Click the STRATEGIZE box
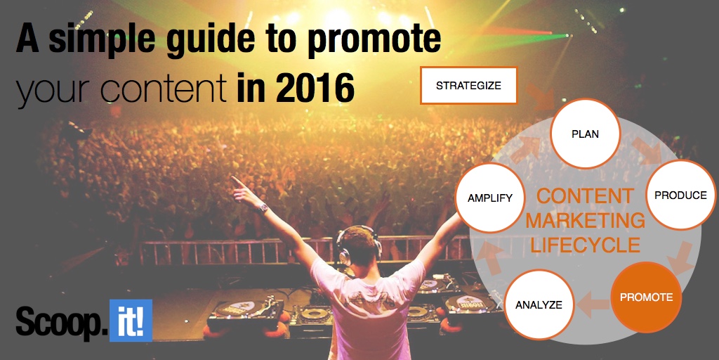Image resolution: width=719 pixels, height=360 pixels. (468, 85)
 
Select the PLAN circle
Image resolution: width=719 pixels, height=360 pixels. (585, 134)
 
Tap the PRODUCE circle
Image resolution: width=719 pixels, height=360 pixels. (680, 195)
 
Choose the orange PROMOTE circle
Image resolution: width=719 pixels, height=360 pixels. (646, 297)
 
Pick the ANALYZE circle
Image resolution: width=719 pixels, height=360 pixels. (539, 304)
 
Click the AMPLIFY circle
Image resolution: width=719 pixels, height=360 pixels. (489, 198)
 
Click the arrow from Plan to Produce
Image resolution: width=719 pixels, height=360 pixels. (647, 153)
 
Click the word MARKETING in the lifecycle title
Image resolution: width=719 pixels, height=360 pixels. (585, 221)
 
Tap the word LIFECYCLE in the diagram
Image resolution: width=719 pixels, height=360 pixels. (585, 245)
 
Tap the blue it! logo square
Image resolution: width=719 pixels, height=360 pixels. (131, 320)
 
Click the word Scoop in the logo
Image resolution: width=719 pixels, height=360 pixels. (60, 321)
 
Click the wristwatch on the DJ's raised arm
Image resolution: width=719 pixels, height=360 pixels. (263, 208)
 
